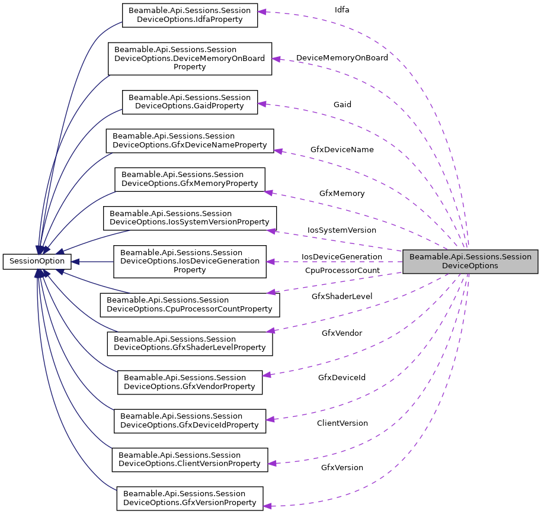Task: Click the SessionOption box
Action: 37,261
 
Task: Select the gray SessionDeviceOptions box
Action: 470,261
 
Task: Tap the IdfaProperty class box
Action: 190,15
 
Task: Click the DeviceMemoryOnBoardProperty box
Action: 190,58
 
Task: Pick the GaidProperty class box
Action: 190,102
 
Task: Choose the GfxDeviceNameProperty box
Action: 190,140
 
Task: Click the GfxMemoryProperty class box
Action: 190,179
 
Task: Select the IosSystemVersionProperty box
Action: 190,218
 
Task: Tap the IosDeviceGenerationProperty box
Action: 190,261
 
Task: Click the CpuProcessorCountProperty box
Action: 190,304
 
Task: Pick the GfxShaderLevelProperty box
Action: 190,343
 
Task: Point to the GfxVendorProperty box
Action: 190,382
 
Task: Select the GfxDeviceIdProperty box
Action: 190,420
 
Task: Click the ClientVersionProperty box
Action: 190,459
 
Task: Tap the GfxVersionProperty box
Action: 190,498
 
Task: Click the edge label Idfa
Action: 342,10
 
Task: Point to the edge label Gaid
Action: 342,104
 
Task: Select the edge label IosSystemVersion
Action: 341,229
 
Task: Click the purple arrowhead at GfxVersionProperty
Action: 267,506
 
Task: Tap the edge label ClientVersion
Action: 342,423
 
